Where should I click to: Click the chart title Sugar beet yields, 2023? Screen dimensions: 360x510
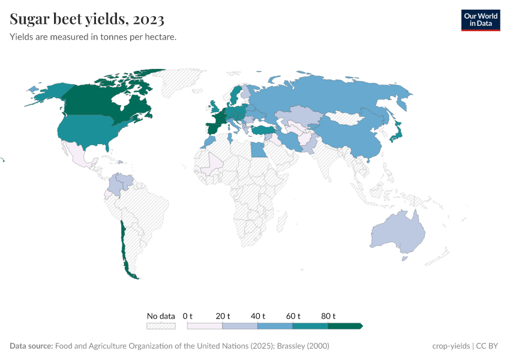pyautogui.click(x=87, y=19)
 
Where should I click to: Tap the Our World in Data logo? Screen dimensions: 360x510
pyautogui.click(x=480, y=20)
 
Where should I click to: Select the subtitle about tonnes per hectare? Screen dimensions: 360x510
pyautogui.click(x=93, y=37)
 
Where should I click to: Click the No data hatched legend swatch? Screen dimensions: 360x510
pyautogui.click(x=161, y=326)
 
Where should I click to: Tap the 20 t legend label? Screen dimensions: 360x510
pyautogui.click(x=223, y=316)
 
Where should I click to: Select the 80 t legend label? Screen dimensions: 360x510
pyautogui.click(x=328, y=316)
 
